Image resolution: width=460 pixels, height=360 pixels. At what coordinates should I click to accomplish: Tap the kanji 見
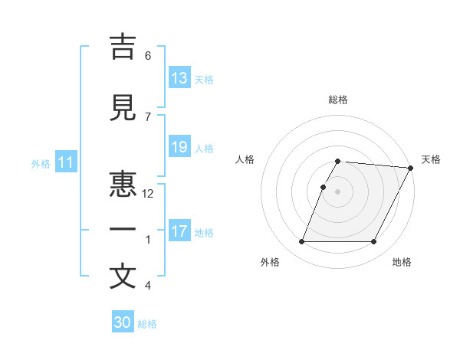click(x=123, y=107)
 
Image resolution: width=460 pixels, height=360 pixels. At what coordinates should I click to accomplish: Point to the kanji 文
click(x=123, y=278)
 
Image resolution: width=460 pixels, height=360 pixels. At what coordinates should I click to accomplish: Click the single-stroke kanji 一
click(x=123, y=231)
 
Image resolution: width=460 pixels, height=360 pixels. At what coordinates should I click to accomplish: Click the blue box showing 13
click(x=179, y=78)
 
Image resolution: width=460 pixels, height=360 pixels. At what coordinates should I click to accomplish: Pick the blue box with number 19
click(x=179, y=147)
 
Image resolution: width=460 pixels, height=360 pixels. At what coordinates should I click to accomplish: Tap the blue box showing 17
click(x=179, y=231)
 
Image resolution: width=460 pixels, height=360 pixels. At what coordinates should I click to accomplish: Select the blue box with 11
click(x=66, y=162)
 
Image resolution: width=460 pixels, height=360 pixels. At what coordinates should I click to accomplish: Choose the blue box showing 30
click(x=123, y=322)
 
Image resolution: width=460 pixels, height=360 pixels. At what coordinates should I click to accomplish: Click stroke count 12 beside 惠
click(x=149, y=195)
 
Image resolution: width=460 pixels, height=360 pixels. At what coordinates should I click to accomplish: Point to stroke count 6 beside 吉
click(x=148, y=56)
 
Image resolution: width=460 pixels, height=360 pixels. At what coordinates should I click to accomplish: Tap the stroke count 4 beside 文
click(x=148, y=286)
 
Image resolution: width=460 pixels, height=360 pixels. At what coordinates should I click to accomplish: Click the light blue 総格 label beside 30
click(x=147, y=324)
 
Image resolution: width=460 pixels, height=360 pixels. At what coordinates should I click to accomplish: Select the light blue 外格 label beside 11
click(x=41, y=163)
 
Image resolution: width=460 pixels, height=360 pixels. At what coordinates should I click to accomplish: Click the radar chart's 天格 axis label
click(x=431, y=159)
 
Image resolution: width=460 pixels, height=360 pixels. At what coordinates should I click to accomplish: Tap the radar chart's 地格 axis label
click(x=401, y=262)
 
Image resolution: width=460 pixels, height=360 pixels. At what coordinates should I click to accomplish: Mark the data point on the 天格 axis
click(x=411, y=168)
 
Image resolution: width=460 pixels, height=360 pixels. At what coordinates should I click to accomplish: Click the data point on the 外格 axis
click(x=301, y=242)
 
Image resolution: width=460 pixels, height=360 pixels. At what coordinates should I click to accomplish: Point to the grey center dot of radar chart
click(x=338, y=191)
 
